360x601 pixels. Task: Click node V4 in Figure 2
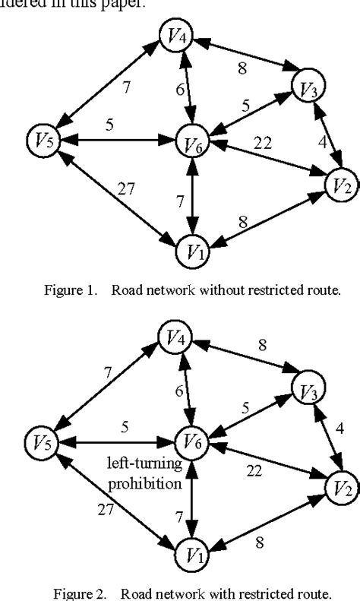point(175,335)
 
